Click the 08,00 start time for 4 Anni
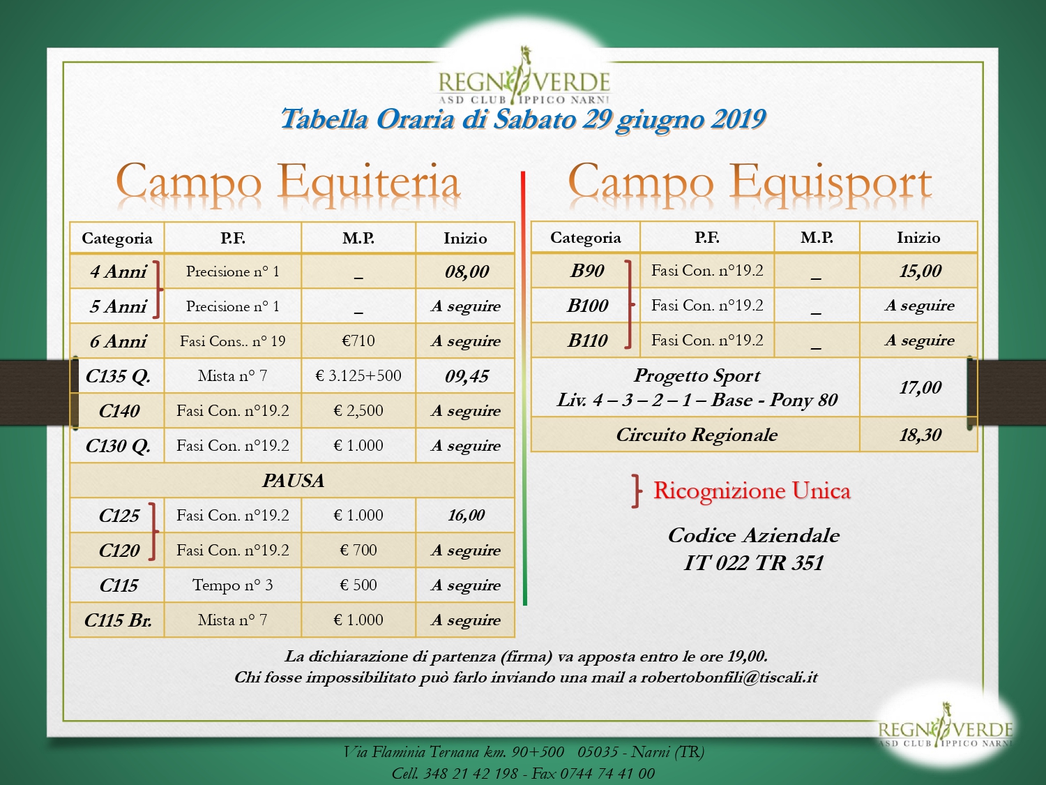pyautogui.click(x=467, y=271)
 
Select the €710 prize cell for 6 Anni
pyautogui.click(x=358, y=341)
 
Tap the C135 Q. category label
pyautogui.click(x=118, y=377)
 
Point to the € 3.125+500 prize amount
pyautogui.click(x=358, y=375)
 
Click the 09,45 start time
pyautogui.click(x=467, y=377)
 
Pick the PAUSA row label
pyautogui.click(x=293, y=481)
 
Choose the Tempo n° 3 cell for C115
pyautogui.click(x=232, y=585)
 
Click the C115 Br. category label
pyautogui.click(x=118, y=620)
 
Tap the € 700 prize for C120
pyautogui.click(x=358, y=550)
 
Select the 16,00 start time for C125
pyautogui.click(x=466, y=515)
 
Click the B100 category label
pyautogui.click(x=588, y=306)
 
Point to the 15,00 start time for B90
pyautogui.click(x=920, y=271)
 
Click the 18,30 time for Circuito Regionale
pyautogui.click(x=920, y=435)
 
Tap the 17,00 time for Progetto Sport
pyautogui.click(x=920, y=387)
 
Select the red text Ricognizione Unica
pyautogui.click(x=752, y=491)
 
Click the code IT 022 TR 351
pyautogui.click(x=753, y=563)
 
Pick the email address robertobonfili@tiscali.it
pyautogui.click(x=729, y=678)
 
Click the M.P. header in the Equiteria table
pyautogui.click(x=358, y=239)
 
